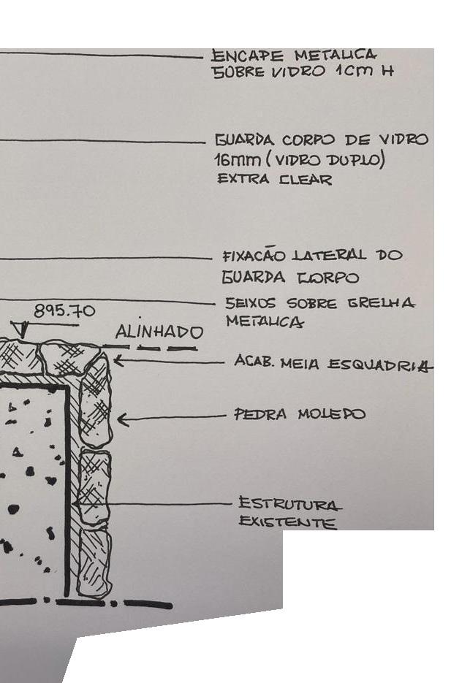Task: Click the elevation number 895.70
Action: click(x=64, y=311)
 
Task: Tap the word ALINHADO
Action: click(x=159, y=332)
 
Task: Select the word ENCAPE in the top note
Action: click(x=246, y=56)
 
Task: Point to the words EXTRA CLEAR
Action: click(x=274, y=179)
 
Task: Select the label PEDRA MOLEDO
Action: click(x=299, y=415)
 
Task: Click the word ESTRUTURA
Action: click(x=289, y=503)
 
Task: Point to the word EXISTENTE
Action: click(x=287, y=522)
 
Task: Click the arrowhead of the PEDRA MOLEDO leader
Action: click(x=121, y=419)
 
